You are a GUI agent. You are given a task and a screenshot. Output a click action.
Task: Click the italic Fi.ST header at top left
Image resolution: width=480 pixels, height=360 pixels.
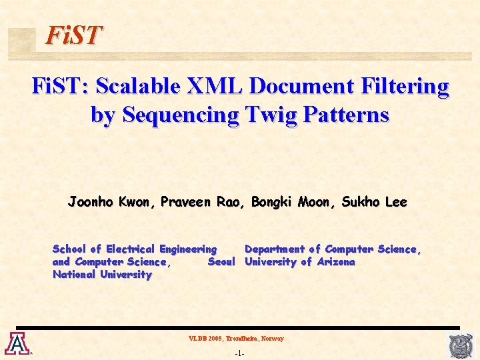pyautogui.click(x=73, y=35)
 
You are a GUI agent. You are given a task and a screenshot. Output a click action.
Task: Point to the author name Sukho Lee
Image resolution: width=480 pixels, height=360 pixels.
pyautogui.click(x=374, y=202)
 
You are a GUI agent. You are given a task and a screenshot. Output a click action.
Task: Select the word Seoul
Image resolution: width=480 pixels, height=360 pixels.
pyautogui.click(x=221, y=262)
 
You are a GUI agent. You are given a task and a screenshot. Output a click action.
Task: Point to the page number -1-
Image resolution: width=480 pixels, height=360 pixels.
pyautogui.click(x=240, y=353)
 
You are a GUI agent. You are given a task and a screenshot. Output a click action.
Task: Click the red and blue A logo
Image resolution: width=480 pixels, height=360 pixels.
pyautogui.click(x=15, y=343)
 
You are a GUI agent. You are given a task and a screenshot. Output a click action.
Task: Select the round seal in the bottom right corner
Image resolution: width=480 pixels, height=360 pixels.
pyautogui.click(x=460, y=345)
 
